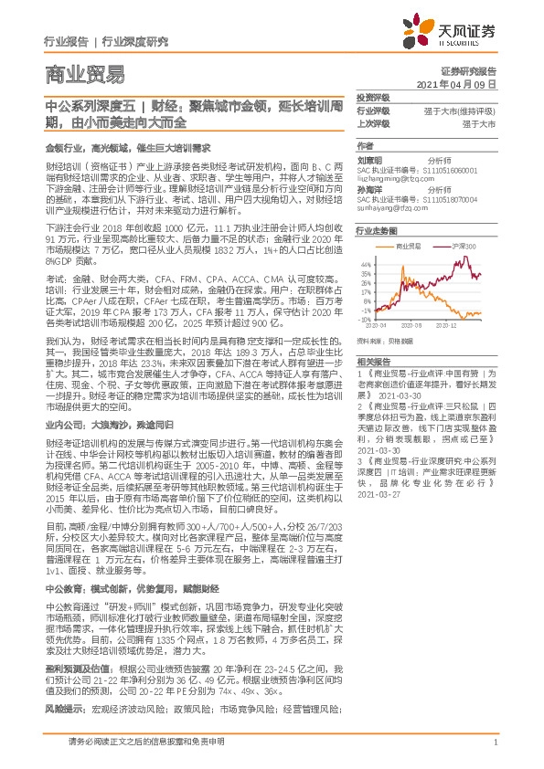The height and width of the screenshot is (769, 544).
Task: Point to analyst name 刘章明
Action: (x=368, y=158)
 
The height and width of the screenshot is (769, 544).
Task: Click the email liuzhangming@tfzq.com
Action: (x=394, y=180)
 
